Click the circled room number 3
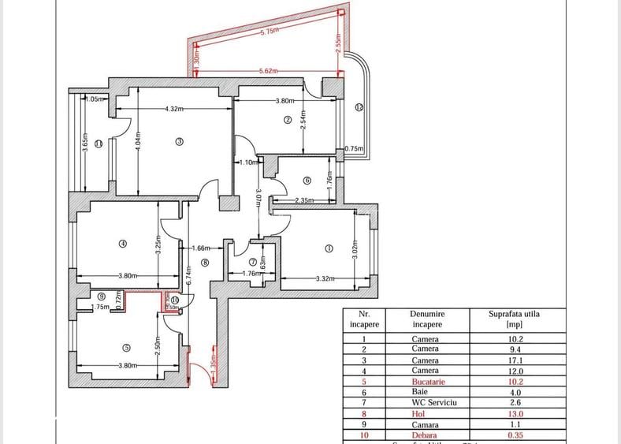tap(179, 142)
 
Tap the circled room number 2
tap(288, 120)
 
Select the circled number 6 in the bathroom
tap(307, 180)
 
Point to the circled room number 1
tap(329, 248)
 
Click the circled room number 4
tap(122, 244)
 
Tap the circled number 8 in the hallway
tap(205, 263)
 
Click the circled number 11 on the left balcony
tap(98, 144)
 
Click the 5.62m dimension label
tap(268, 71)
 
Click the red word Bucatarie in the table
tap(428, 381)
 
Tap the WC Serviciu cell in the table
tap(428, 401)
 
